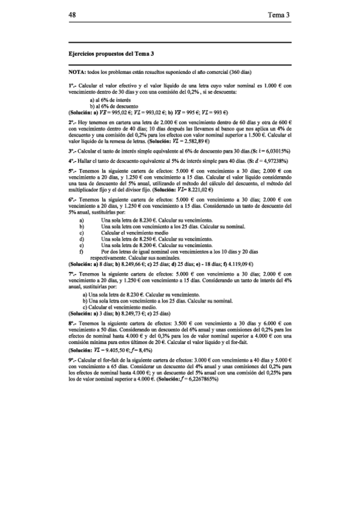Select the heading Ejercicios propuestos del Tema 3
(x=108, y=54)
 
